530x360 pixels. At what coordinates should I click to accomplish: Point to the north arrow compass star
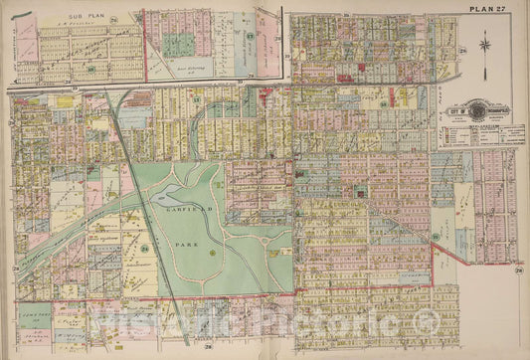(x=484, y=44)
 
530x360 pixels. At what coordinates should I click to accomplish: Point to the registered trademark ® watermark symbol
(x=425, y=320)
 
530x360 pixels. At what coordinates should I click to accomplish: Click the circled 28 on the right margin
(x=520, y=269)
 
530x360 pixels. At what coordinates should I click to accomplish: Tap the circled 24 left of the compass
(x=462, y=47)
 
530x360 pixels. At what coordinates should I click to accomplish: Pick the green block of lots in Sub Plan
(x=179, y=45)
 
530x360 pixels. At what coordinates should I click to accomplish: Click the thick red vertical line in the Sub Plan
(x=145, y=45)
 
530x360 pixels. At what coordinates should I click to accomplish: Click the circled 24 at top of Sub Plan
(x=114, y=17)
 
